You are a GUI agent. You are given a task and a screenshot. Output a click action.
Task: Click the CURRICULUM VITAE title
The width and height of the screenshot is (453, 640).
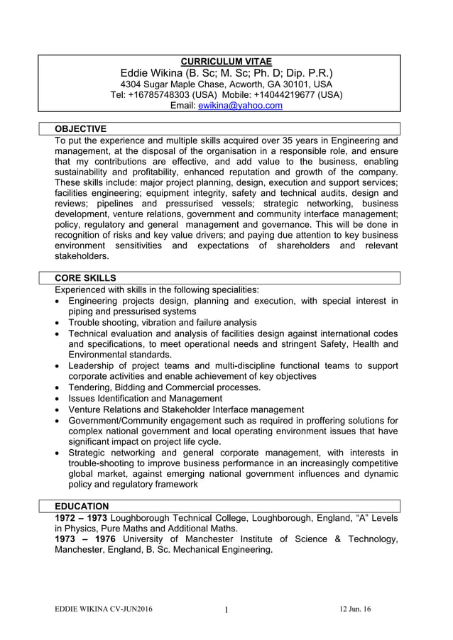[x=226, y=62]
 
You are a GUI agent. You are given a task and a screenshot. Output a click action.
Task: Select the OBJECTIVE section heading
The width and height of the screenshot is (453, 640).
[x=81, y=128]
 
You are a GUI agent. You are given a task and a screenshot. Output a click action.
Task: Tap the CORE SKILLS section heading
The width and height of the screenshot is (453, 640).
[x=85, y=277]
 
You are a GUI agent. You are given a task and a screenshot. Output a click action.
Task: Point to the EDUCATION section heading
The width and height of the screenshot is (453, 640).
[x=82, y=506]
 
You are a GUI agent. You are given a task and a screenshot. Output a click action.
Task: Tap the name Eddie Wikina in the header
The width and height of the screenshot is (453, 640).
[x=151, y=73]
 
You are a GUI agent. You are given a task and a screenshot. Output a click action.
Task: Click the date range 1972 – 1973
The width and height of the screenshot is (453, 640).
[x=82, y=517]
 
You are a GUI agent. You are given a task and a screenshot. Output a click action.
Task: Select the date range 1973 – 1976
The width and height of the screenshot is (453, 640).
[x=84, y=539]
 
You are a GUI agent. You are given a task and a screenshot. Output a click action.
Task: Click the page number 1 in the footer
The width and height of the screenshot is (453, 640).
[x=226, y=610]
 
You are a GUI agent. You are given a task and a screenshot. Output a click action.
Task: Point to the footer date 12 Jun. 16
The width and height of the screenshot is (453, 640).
[x=355, y=609]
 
